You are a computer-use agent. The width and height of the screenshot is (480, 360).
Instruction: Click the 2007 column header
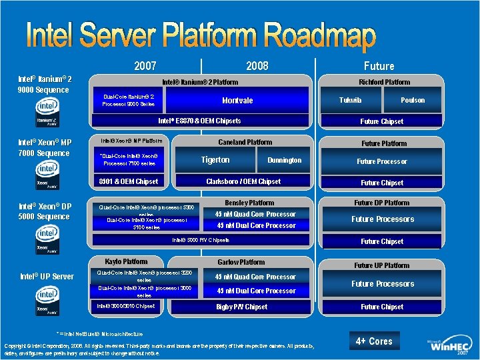point(145,65)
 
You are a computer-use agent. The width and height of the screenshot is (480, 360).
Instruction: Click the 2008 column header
point(257,65)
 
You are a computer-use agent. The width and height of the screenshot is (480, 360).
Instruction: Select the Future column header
point(379,66)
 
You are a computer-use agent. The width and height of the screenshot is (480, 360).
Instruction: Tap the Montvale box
point(237,101)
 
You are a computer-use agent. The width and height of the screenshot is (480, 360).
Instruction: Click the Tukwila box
point(351,100)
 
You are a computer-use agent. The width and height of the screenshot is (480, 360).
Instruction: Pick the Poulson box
point(413,100)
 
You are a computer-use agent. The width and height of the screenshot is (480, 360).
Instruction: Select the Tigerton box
point(215,160)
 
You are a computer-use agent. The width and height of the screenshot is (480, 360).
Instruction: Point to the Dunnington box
point(284,160)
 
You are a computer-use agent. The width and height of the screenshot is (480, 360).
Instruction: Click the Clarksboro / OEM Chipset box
point(243,181)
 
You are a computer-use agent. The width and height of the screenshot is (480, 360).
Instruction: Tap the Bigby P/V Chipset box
point(241,307)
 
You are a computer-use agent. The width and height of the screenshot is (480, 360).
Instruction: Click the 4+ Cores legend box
point(374,341)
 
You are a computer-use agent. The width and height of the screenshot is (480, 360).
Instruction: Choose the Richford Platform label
point(384,82)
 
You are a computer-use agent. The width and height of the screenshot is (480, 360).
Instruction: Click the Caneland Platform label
point(245,142)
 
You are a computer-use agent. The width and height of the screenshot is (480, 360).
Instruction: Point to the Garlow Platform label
point(241,262)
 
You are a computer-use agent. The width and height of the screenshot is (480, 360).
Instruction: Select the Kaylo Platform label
point(126,261)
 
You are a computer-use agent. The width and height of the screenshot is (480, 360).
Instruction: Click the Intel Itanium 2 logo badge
point(46,113)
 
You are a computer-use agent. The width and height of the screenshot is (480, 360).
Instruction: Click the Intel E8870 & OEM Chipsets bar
point(199,121)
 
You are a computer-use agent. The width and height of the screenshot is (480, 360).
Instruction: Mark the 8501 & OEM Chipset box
point(129,181)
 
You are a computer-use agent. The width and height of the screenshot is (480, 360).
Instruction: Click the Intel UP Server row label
point(47,276)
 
